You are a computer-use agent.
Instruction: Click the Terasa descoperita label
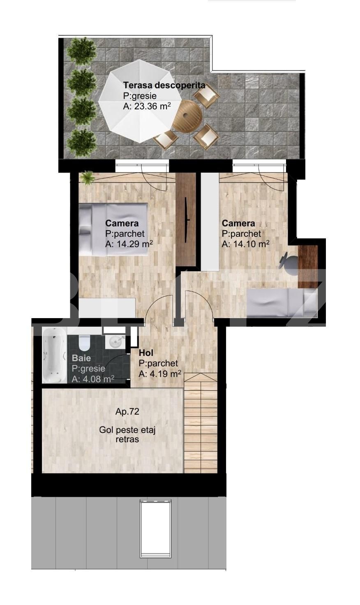point(164,85)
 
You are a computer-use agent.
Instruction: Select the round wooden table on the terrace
point(187,116)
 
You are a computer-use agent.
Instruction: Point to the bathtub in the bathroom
point(54,355)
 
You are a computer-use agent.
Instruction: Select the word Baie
point(81,358)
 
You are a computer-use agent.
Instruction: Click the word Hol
point(146,353)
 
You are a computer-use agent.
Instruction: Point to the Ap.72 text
point(127,412)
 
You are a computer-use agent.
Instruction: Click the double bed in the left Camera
point(113,229)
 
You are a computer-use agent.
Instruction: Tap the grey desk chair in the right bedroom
point(289,263)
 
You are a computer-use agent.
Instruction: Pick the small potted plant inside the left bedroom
point(87,178)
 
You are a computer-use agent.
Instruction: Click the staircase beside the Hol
point(200,423)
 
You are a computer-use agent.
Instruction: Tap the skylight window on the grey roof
point(155,527)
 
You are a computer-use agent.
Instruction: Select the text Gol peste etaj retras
point(127,434)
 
